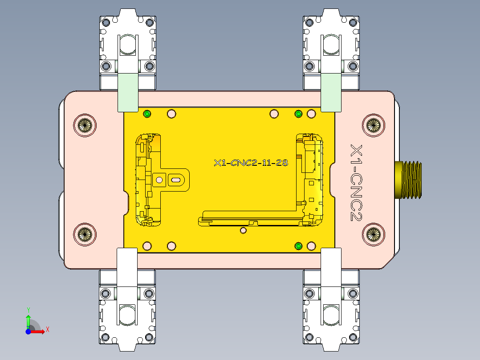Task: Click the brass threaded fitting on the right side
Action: pyautogui.click(x=409, y=179)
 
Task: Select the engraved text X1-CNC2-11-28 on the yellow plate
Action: pyautogui.click(x=251, y=163)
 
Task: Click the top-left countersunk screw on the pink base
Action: pyautogui.click(x=85, y=125)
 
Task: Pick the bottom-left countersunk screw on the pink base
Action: pyautogui.click(x=84, y=233)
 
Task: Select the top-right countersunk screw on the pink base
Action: pyautogui.click(x=373, y=125)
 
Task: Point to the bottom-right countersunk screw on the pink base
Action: pyautogui.click(x=373, y=233)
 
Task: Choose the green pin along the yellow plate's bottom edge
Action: pyautogui.click(x=299, y=246)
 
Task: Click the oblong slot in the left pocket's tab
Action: pyautogui.click(x=175, y=180)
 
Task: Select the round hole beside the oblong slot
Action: pyautogui.click(x=158, y=180)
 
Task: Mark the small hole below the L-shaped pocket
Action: pyautogui.click(x=243, y=230)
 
